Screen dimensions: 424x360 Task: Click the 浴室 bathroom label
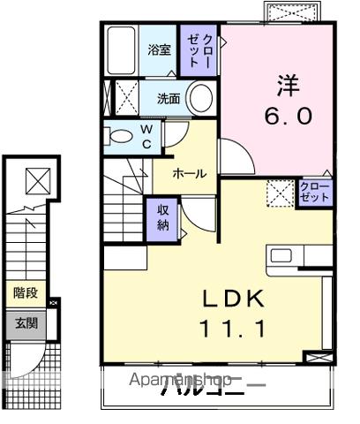(x=161, y=50)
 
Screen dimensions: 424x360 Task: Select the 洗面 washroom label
(x=169, y=98)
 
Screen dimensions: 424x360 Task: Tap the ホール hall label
(x=189, y=174)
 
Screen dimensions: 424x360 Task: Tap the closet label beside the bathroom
(x=200, y=52)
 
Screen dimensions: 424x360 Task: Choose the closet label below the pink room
(x=314, y=192)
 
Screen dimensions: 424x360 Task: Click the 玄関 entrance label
(x=25, y=323)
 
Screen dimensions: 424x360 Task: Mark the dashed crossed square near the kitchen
(x=280, y=192)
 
